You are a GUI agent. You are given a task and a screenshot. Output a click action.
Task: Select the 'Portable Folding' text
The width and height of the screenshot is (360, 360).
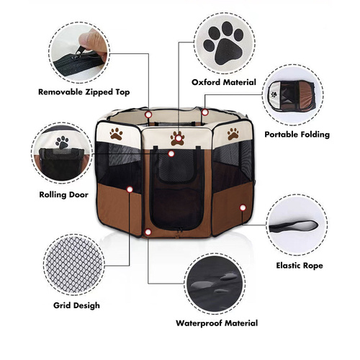click(x=297, y=134)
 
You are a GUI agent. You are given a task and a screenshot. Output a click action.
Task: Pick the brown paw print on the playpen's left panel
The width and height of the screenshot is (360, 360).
click(x=116, y=132)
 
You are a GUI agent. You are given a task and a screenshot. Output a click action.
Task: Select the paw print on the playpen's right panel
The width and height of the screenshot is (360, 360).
click(x=233, y=133)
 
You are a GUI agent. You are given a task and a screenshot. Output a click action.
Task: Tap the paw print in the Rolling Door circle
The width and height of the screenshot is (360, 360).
click(x=62, y=143)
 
